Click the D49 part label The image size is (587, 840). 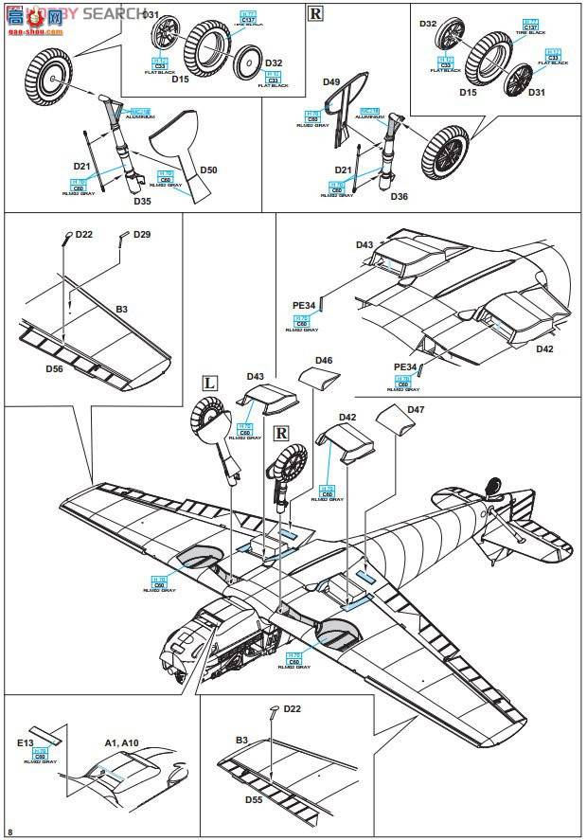331,82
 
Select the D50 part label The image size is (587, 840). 208,170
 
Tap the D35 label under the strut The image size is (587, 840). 142,201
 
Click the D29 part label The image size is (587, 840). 142,234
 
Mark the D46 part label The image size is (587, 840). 324,361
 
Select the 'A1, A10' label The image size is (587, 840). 106,744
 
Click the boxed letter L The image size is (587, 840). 210,383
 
